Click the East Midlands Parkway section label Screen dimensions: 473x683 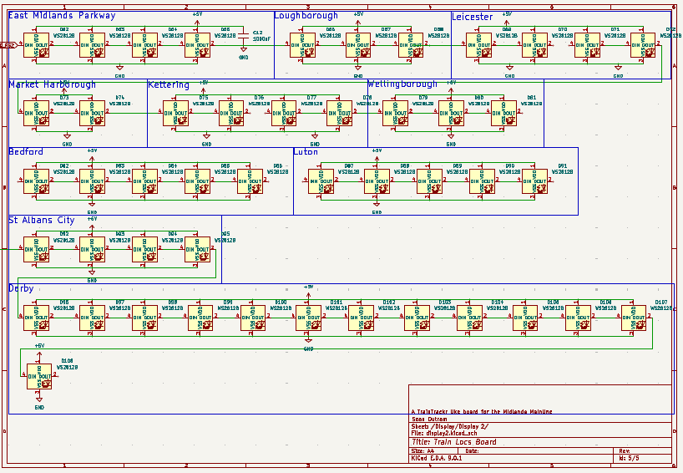click(62, 16)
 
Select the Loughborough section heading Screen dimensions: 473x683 click(306, 16)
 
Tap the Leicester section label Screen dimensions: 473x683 click(473, 17)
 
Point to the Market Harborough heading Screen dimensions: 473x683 click(52, 84)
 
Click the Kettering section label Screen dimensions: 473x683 click(169, 84)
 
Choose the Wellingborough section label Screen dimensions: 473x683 click(402, 84)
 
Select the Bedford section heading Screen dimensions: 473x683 click(26, 152)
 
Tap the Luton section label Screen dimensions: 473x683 click(306, 152)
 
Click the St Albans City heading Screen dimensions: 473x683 click(42, 221)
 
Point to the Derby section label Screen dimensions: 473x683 click(21, 288)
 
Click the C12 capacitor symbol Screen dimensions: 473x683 click(244, 38)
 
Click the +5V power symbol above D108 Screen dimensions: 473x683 click(39, 346)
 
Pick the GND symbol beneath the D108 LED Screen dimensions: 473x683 click(39, 406)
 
